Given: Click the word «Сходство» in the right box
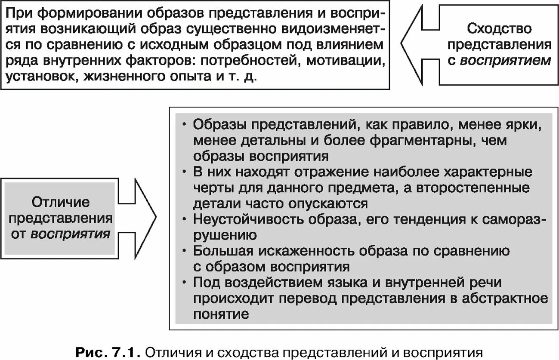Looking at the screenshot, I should [x=499, y=29].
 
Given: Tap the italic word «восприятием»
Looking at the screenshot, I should [x=505, y=60].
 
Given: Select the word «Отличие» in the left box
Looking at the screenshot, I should [x=60, y=202].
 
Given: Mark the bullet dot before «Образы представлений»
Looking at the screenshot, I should [x=185, y=125].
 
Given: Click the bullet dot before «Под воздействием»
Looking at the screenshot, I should [x=185, y=283].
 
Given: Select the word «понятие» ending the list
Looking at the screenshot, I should [x=221, y=314].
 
